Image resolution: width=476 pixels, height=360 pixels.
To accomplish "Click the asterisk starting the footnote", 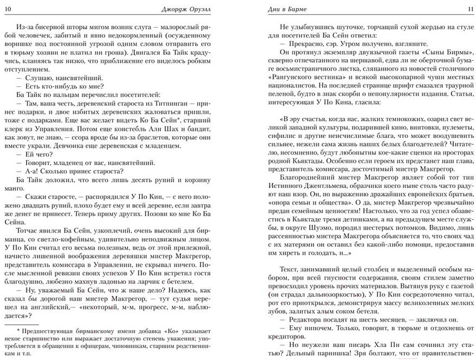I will pyautogui.click(x=18, y=330).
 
